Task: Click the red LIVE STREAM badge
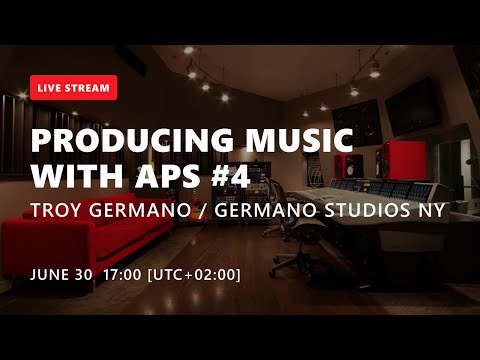click(74, 88)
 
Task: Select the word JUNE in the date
click(49, 274)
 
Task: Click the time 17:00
click(120, 274)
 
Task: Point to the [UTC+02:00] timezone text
click(193, 274)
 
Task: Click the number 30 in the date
click(83, 274)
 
